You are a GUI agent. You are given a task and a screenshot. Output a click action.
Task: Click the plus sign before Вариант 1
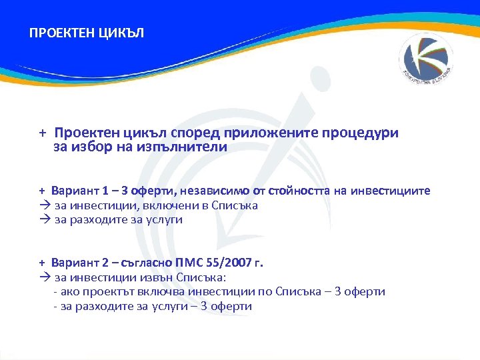tap(41, 191)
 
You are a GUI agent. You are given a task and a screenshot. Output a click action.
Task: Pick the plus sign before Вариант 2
tap(41, 263)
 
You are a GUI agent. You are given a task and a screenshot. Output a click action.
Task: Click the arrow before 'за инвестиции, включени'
tap(44, 206)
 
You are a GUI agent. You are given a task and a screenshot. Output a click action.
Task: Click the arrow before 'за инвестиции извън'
tap(44, 277)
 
